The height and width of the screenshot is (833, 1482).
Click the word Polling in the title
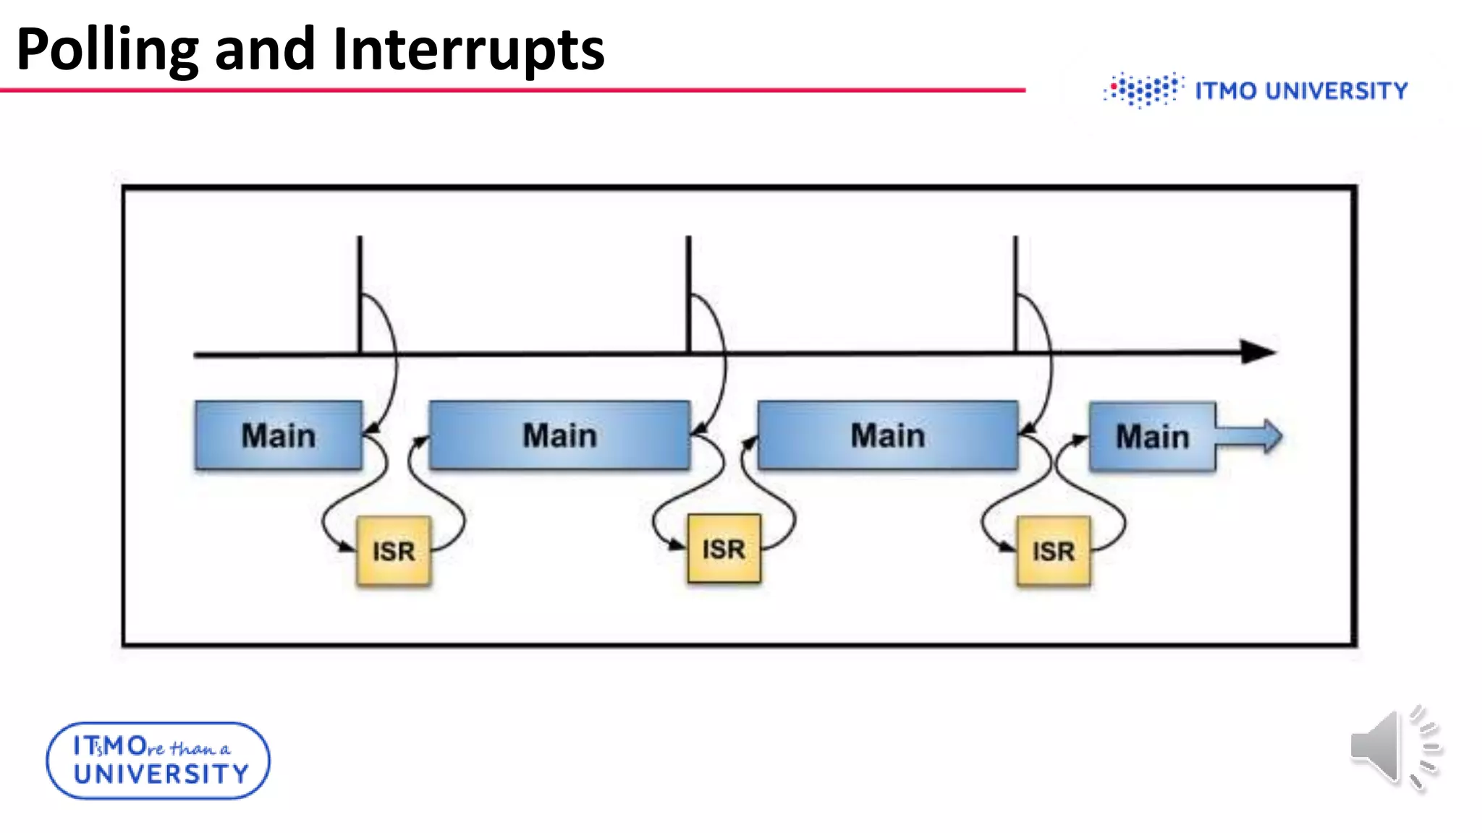(106, 49)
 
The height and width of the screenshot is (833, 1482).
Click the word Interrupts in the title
(468, 49)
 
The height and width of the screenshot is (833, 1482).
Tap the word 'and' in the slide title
(265, 49)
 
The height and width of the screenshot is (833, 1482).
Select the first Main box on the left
(279, 435)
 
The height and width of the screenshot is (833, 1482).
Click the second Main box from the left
(559, 435)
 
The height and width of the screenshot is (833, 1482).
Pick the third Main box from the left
(887, 435)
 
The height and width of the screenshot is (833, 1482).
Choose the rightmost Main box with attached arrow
(1152, 437)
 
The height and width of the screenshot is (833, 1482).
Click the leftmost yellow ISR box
(394, 551)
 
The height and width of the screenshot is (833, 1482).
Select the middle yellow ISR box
(724, 549)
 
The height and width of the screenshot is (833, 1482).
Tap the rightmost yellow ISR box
(1053, 551)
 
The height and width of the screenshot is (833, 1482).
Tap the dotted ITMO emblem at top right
(1144, 90)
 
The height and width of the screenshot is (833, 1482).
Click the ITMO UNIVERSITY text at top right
(1301, 90)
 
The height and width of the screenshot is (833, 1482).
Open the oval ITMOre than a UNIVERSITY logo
(158, 761)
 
